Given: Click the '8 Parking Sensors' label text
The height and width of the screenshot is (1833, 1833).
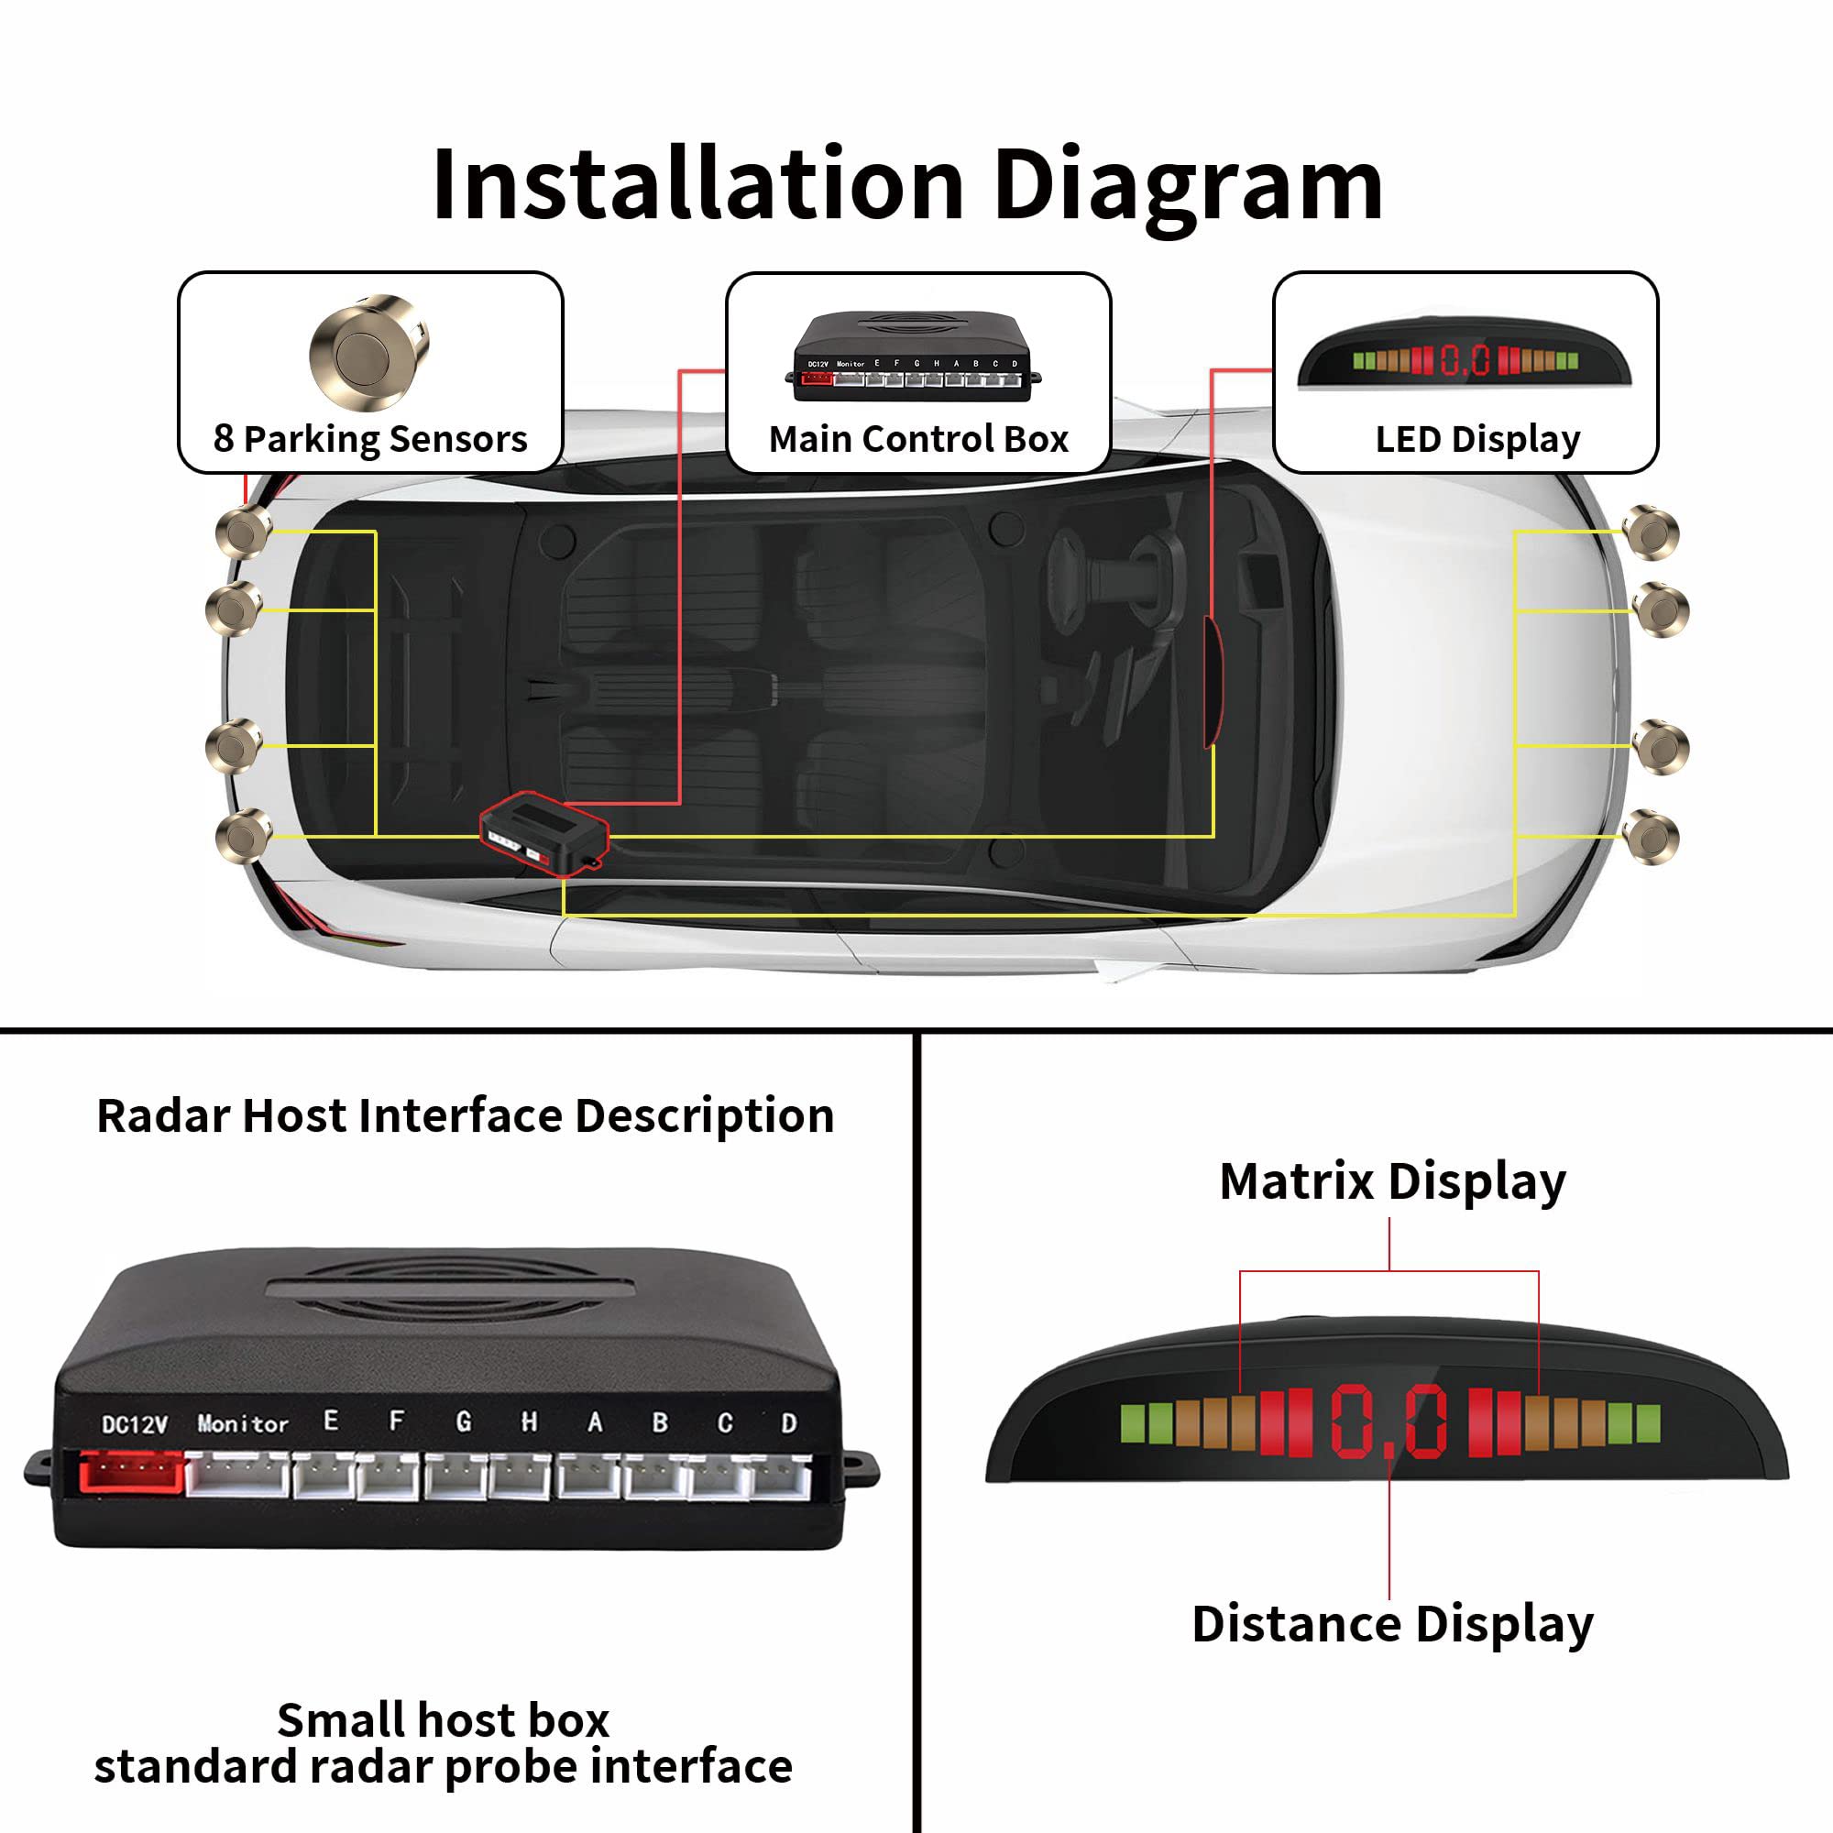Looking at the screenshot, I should pos(370,438).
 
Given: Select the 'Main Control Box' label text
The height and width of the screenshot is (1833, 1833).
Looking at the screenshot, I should pos(918,439).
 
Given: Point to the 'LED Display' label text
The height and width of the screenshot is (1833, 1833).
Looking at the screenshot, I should pos(1477,439).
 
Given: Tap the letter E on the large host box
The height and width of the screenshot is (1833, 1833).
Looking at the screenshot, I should pos(330,1421).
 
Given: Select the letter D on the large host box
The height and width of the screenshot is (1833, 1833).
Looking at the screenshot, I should pos(788,1423).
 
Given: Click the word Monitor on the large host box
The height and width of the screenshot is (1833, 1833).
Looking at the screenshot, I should pos(243,1423).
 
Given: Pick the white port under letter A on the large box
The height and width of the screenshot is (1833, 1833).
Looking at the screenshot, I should pos(588,1476).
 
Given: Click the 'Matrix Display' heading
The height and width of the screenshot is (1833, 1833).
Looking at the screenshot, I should pos(1392,1182).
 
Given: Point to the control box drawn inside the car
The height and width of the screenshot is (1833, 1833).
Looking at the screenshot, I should pos(543,832).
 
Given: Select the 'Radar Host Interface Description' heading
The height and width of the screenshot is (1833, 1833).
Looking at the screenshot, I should pos(465,1115).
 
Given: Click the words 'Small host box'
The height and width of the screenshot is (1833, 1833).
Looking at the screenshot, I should pos(443,1720).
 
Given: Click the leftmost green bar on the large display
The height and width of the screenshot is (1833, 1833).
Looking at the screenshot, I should pos(1132,1423).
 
